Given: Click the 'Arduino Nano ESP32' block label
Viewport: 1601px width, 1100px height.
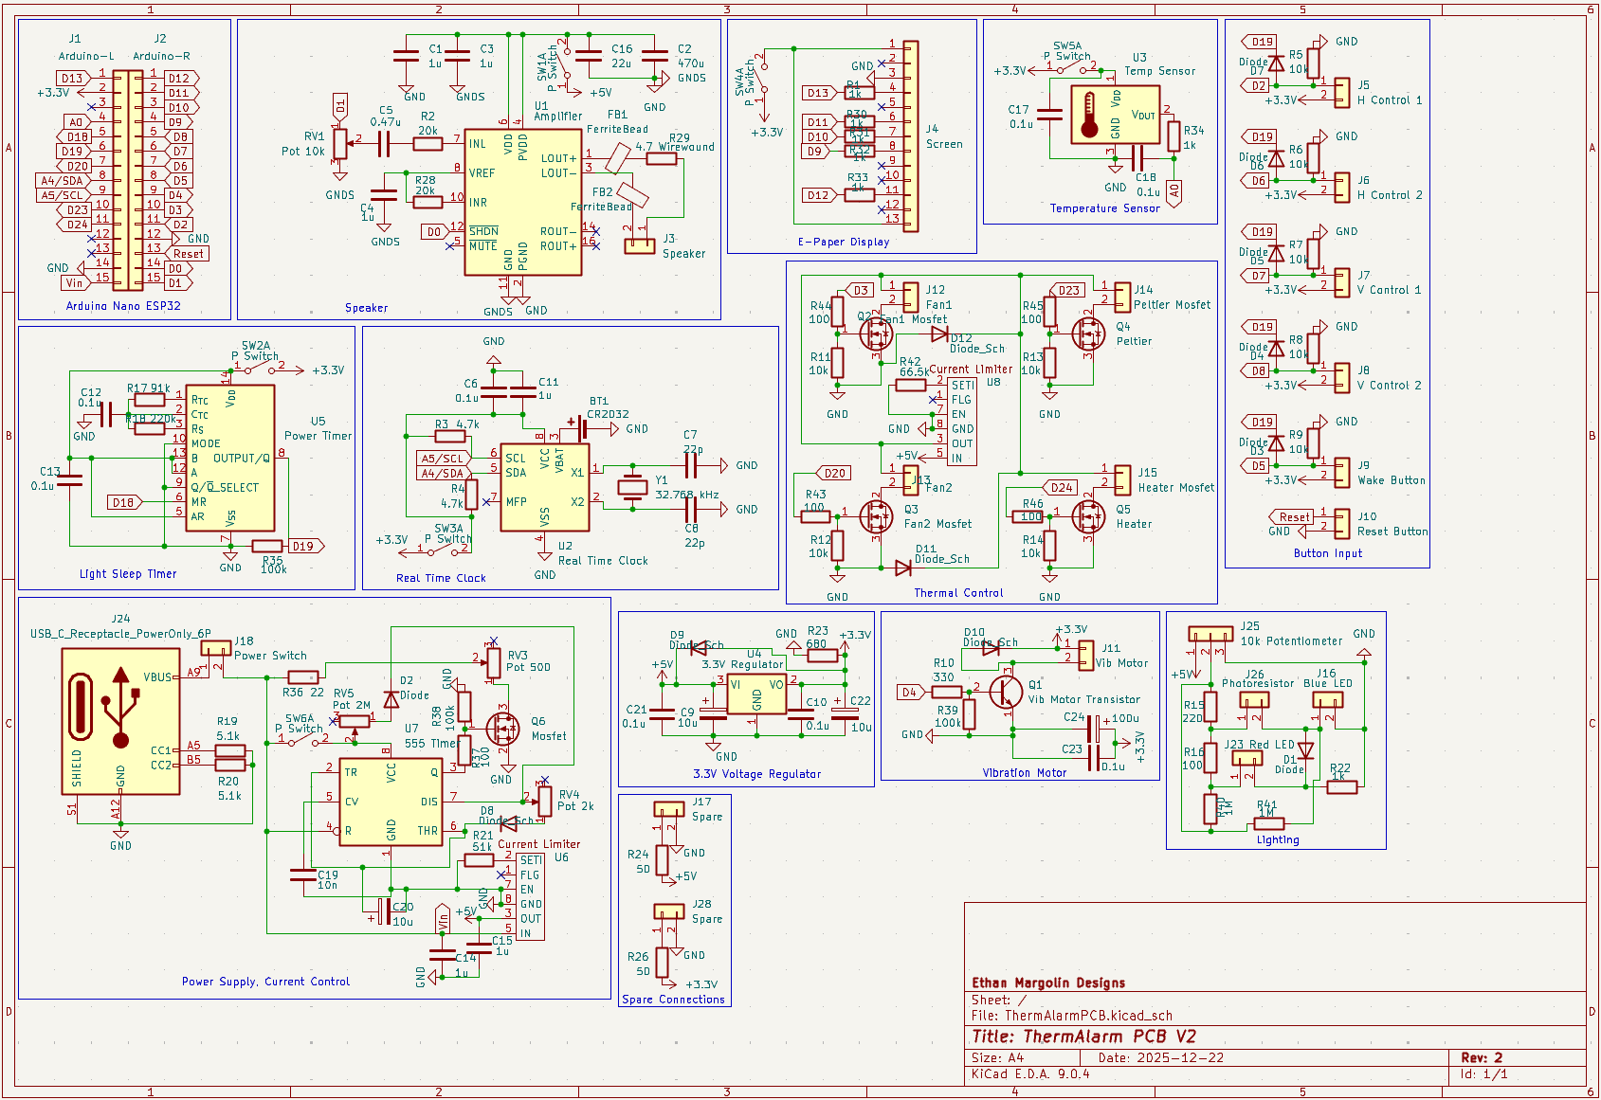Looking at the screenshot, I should pos(123,306).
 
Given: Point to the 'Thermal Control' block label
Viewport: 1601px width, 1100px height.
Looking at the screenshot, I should pos(958,593).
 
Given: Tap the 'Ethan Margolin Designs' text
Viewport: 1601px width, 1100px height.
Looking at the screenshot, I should pos(1048,983).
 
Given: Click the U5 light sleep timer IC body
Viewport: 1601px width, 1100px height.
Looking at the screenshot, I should pos(230,458).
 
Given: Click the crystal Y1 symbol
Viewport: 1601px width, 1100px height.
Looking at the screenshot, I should pos(631,487).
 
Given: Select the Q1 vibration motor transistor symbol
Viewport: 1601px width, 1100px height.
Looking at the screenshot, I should pos(1006,692).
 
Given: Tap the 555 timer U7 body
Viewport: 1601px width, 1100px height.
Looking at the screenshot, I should pos(391,802).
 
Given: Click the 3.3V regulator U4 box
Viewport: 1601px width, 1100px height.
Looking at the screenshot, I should pos(756,696).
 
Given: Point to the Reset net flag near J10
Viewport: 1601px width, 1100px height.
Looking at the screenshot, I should pos(1292,516).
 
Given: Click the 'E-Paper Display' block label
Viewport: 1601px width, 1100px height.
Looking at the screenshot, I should pos(844,242).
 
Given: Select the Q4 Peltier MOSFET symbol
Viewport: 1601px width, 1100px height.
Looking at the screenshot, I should pos(1087,334).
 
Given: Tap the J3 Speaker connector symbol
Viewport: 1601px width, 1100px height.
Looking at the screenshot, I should pos(640,245).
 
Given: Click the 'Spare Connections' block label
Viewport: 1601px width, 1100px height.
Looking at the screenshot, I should pos(673,1000).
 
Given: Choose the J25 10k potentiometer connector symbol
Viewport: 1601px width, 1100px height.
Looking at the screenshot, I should pos(1210,633).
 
